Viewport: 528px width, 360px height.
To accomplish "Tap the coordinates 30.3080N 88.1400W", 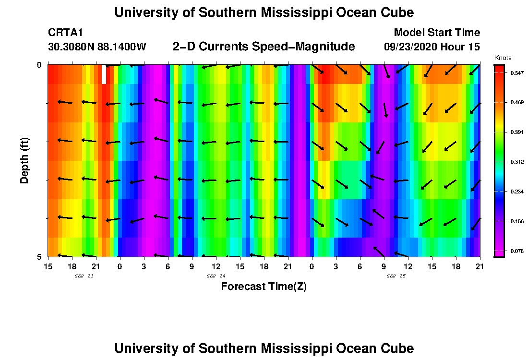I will point(97,47).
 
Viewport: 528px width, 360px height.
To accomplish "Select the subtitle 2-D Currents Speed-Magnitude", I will point(264,47).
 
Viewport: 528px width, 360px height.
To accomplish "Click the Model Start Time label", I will point(436,33).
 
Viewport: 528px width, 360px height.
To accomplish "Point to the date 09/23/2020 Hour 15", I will point(432,47).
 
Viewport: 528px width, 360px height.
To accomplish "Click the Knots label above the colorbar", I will point(503,58).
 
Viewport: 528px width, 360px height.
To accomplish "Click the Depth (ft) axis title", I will point(24,160).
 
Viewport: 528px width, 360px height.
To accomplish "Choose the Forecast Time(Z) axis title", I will point(264,287).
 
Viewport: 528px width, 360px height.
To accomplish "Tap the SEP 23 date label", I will point(84,276).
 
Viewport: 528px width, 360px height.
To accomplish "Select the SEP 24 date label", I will point(216,276).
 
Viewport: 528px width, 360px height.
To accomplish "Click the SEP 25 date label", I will point(396,276).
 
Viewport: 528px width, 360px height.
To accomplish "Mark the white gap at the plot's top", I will point(104,74).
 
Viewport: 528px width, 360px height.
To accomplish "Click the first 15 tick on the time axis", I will point(48,266).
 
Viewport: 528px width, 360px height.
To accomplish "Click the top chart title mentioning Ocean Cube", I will point(264,13).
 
